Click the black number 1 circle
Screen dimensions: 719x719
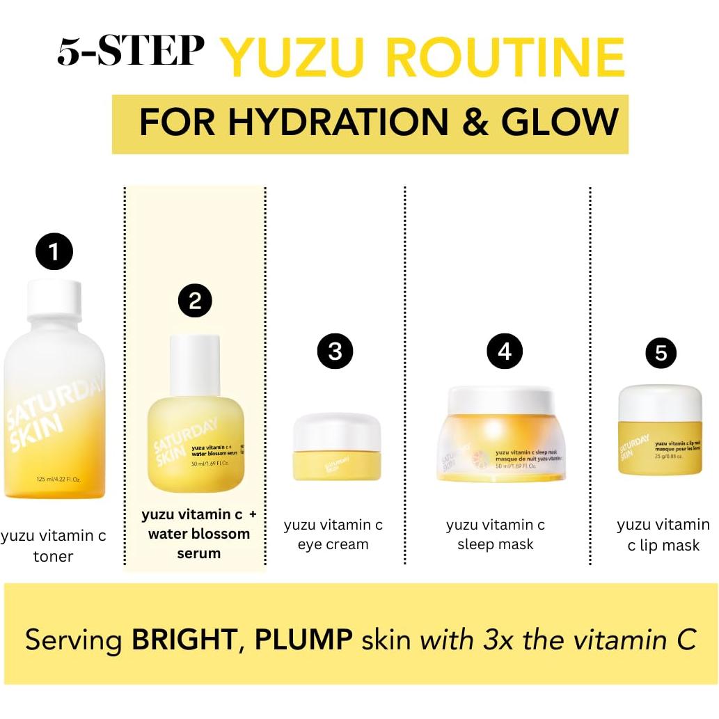pyautogui.click(x=54, y=251)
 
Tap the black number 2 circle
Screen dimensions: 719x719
pyautogui.click(x=195, y=301)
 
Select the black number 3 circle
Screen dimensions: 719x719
pyautogui.click(x=335, y=351)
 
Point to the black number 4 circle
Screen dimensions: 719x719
pyautogui.click(x=505, y=351)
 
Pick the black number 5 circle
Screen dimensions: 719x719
pyautogui.click(x=661, y=354)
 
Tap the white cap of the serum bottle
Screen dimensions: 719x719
pyautogui.click(x=195, y=363)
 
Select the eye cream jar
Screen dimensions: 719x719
pyautogui.click(x=337, y=447)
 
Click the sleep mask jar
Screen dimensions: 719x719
pyautogui.click(x=501, y=435)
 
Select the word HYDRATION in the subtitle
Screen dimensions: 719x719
pyautogui.click(x=338, y=123)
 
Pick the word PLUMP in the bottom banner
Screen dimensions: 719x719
pyautogui.click(x=303, y=639)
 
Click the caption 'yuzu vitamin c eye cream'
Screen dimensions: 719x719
pyautogui.click(x=333, y=535)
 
